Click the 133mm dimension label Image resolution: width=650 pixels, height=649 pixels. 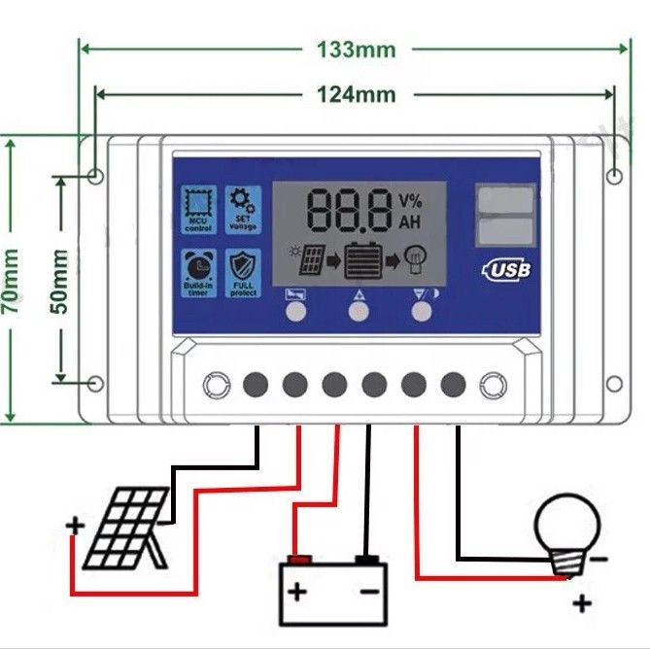pos(356,49)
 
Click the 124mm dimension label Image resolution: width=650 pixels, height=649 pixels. pos(356,94)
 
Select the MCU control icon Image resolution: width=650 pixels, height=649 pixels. pos(198,209)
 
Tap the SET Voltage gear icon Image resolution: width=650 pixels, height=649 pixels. pos(242,209)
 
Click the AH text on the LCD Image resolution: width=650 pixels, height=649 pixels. pos(410,222)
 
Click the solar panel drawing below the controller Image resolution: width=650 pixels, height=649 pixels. pos(123,529)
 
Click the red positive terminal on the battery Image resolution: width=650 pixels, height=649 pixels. pos(300,560)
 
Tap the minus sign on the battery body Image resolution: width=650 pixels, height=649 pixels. pos(369,591)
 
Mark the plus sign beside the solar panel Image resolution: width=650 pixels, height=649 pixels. pos(75,527)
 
